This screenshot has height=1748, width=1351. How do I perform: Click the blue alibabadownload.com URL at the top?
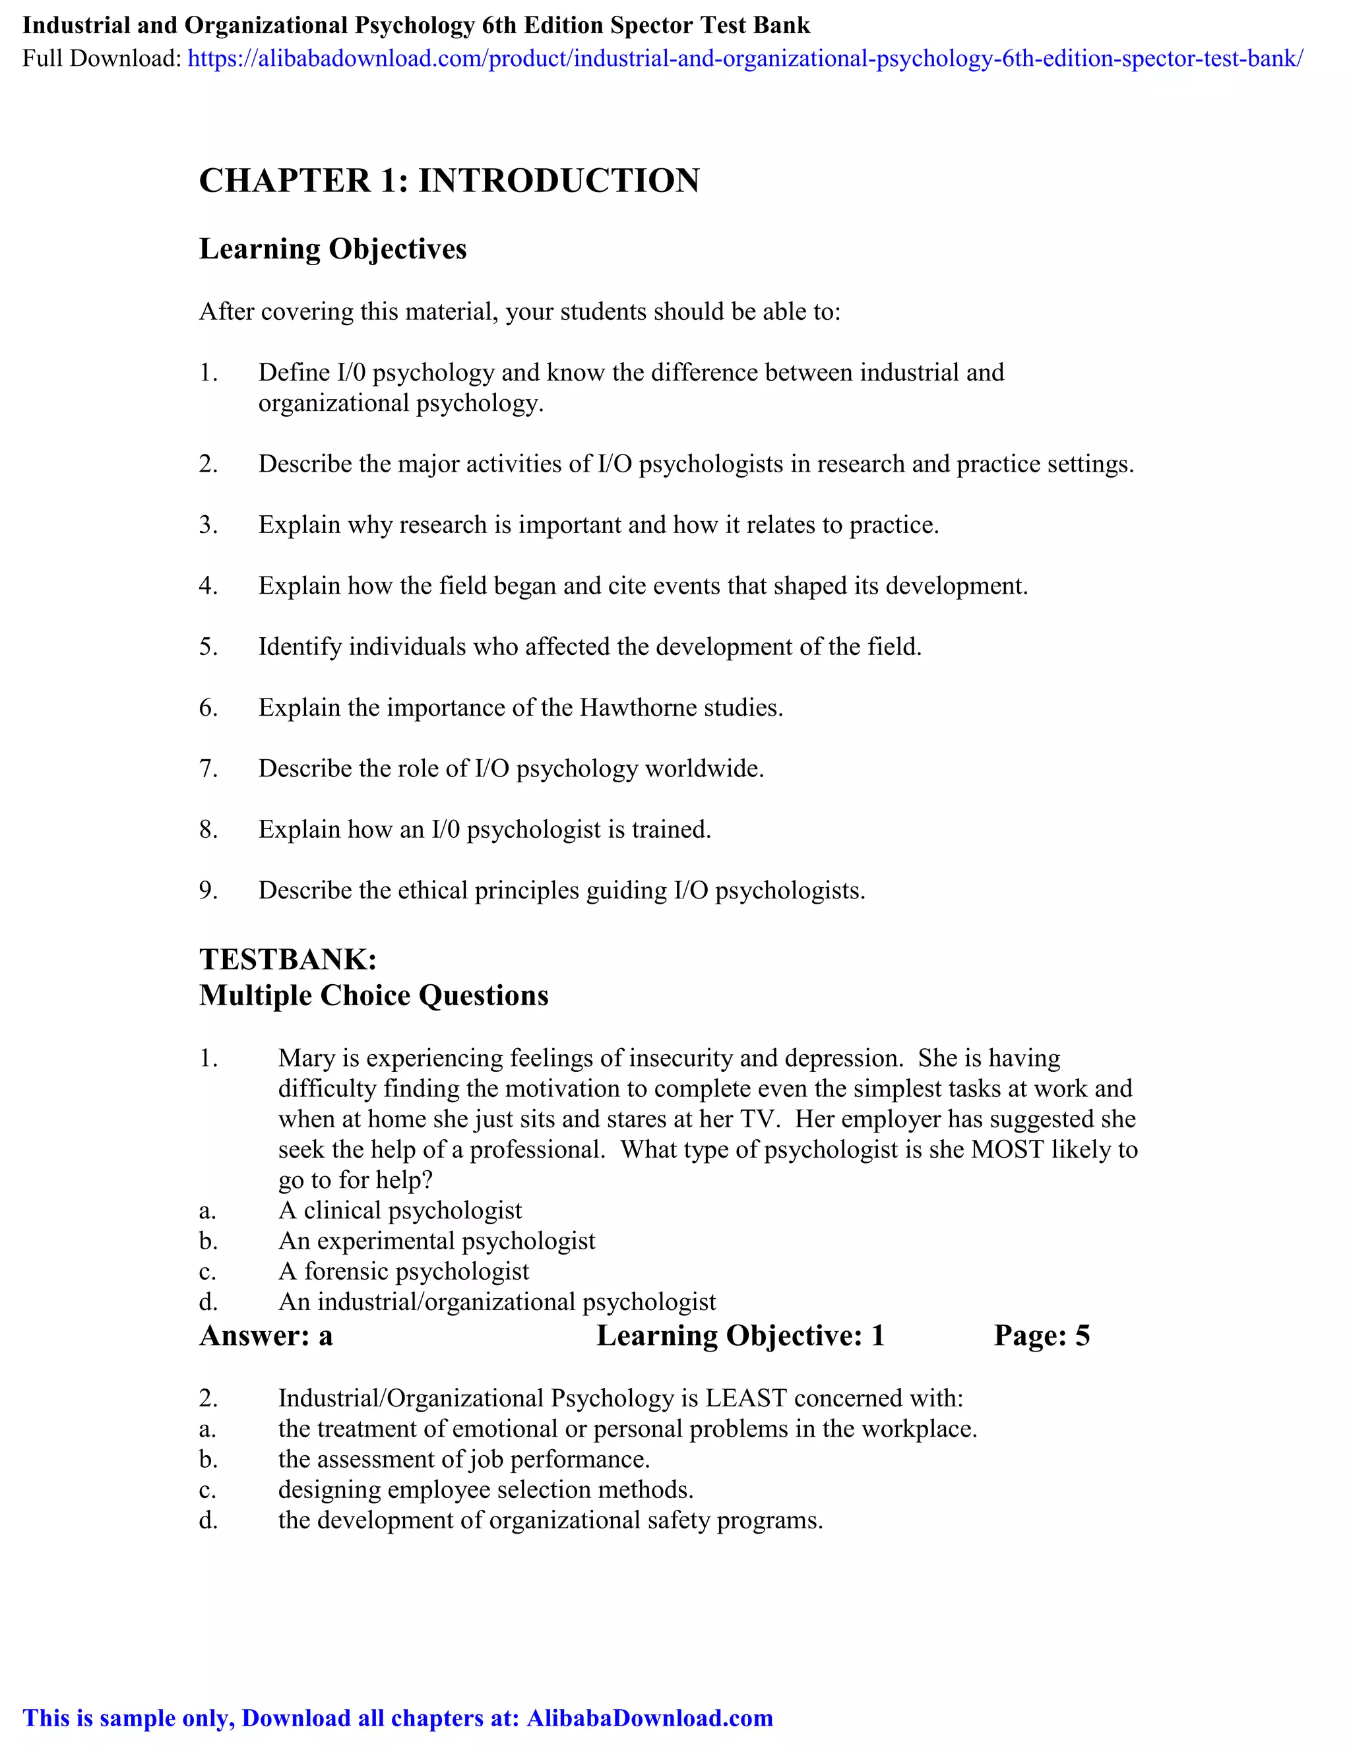[x=744, y=59]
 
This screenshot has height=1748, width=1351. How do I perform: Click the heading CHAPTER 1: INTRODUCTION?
[x=449, y=181]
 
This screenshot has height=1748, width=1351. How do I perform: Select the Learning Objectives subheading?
[x=332, y=249]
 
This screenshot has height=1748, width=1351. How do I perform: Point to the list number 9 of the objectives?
[x=208, y=890]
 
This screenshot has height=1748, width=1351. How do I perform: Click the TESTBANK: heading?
[x=288, y=959]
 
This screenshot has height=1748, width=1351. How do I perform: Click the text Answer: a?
[x=266, y=1336]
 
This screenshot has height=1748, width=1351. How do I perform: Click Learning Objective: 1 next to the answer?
[x=740, y=1336]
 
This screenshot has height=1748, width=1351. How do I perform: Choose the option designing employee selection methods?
[x=485, y=1489]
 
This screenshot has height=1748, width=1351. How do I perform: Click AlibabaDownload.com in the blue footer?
[x=649, y=1718]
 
